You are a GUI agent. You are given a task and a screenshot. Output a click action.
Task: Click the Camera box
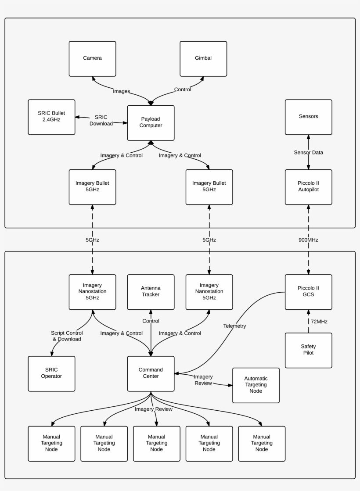tap(92, 58)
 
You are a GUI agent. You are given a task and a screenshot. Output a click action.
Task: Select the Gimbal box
tap(203, 58)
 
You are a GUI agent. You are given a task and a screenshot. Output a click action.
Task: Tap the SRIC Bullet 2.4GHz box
tap(51, 117)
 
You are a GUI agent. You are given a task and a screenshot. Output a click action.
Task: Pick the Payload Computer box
tap(151, 122)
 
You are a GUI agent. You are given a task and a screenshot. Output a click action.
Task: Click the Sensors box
tap(308, 117)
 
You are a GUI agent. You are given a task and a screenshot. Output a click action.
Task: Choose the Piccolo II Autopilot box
tap(308, 187)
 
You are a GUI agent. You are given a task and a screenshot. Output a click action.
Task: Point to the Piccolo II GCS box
tap(308, 292)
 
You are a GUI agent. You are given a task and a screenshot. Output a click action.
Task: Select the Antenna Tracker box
tap(151, 292)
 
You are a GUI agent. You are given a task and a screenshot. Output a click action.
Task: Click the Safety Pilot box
tap(308, 350)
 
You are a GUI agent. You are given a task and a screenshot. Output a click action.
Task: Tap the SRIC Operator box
tap(51, 373)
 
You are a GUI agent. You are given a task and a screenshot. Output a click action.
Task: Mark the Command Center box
tap(151, 373)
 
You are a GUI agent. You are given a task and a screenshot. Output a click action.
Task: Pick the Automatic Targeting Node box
tap(256, 385)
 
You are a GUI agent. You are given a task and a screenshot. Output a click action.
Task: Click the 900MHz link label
tap(308, 240)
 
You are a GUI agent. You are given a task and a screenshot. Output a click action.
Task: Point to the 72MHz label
tap(319, 322)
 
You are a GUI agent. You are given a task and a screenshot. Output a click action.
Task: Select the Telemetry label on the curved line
tap(234, 326)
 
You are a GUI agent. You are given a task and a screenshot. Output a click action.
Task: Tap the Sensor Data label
tap(308, 152)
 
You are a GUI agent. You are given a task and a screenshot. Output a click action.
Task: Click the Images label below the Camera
tap(121, 91)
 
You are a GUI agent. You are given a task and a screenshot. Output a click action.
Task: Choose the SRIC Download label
tap(101, 120)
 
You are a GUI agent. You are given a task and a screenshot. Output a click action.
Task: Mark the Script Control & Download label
tap(66, 336)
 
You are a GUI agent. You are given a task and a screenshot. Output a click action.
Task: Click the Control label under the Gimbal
tap(183, 90)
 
